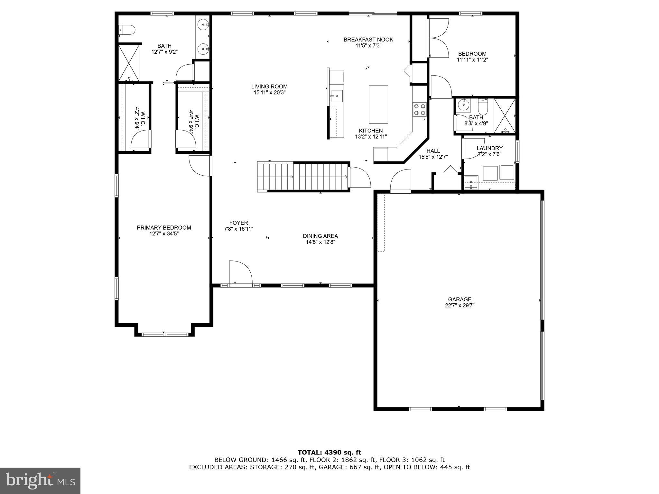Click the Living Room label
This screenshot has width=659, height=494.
269,87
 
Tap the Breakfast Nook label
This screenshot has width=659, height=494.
368,40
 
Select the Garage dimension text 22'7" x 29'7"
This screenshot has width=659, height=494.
459,306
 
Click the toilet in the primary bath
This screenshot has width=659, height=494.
127,30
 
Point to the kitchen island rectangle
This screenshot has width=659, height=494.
378,104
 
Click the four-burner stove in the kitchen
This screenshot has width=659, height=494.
419,109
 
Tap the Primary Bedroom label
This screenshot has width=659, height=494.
164,228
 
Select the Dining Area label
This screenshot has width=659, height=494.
320,236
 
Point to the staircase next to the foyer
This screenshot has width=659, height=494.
303,177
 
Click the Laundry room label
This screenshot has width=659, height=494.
489,148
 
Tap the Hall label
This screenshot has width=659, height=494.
433,151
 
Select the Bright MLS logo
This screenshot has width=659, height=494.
40,480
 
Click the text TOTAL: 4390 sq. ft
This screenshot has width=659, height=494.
329,453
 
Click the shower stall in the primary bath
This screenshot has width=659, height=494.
129,63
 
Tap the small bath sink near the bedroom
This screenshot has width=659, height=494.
463,104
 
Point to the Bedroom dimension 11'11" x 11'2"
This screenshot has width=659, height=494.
472,59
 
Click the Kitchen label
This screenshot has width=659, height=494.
371,131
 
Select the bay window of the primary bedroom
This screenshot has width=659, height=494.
164,334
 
